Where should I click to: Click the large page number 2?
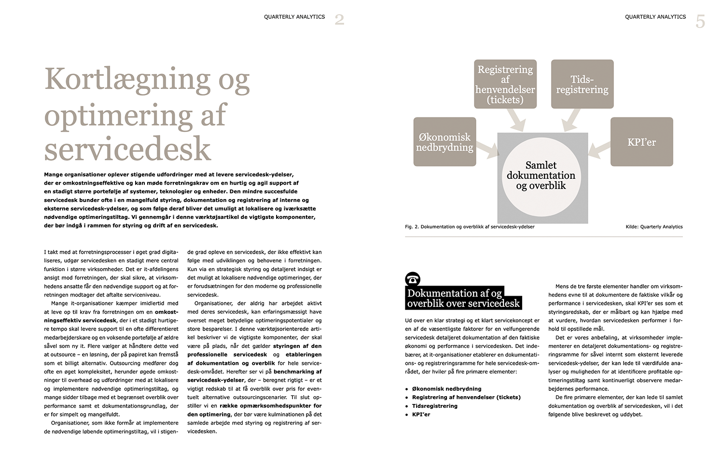339,20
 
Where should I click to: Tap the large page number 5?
700,22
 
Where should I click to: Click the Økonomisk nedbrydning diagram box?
445,142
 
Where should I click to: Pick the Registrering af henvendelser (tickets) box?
505,84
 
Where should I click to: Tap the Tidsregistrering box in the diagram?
582,84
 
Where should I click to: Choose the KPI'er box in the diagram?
641,142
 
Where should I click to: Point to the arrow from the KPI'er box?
599,148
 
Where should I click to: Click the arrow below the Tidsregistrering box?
572,120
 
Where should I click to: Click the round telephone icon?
413,279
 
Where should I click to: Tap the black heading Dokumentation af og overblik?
463,298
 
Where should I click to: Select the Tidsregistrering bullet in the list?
434,406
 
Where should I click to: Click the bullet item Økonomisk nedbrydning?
446,388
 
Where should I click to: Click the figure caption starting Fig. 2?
470,227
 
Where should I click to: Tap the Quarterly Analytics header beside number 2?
294,17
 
